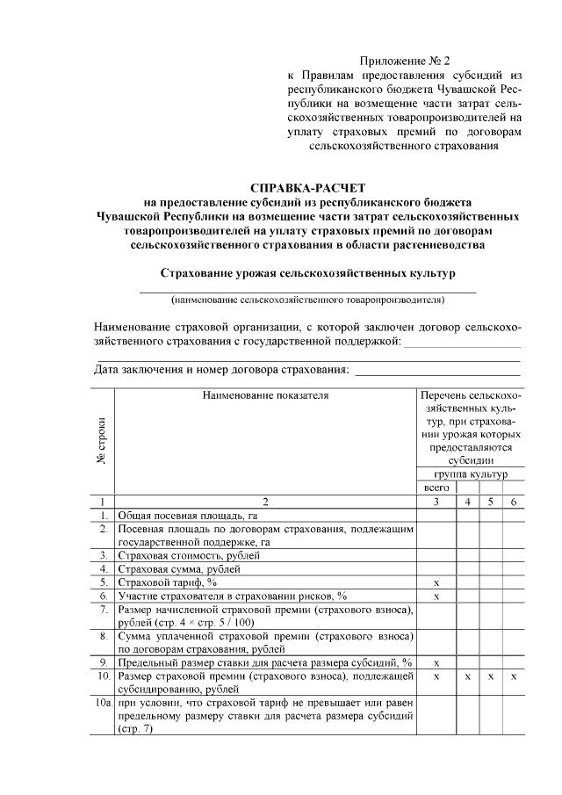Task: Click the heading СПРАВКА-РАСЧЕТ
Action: point(306,188)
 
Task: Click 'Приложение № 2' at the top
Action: point(405,61)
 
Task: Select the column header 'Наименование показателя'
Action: point(265,395)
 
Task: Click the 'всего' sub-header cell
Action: point(436,487)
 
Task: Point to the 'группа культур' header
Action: point(470,473)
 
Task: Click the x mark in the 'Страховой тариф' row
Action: point(436,582)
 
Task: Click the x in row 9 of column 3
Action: point(436,662)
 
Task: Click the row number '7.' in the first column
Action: point(104,609)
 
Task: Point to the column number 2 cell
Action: point(265,501)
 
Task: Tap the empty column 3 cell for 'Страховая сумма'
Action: point(436,568)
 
